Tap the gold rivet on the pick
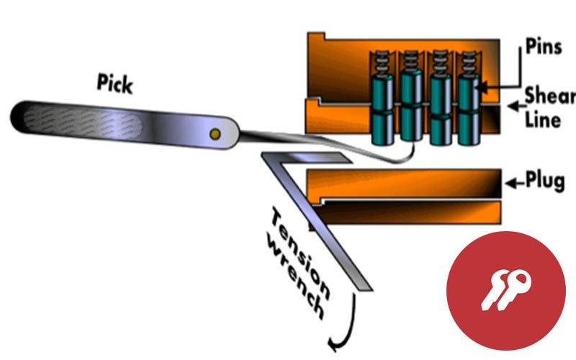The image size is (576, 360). coord(214,134)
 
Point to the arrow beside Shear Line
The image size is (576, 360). coord(514,107)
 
